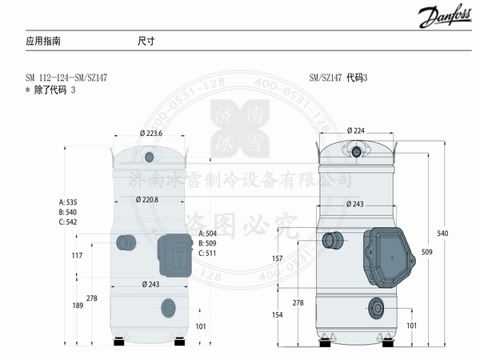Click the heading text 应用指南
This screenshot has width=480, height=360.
pos(43,40)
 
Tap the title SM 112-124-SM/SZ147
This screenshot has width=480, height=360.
pos(66,78)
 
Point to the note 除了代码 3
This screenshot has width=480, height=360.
pos(51,90)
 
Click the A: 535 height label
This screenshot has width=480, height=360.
pos(71,202)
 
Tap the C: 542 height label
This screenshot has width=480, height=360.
pos(71,222)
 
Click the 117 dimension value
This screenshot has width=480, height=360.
pos(78,255)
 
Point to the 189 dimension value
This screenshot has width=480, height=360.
pos(78,306)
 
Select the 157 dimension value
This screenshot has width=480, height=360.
pos(301,258)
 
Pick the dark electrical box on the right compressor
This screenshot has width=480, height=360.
pos(390,258)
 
